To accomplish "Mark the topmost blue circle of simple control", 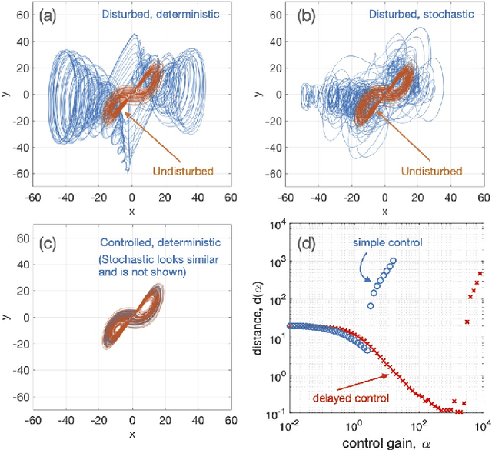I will pos(393,261).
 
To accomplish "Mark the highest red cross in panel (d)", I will pos(480,274).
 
